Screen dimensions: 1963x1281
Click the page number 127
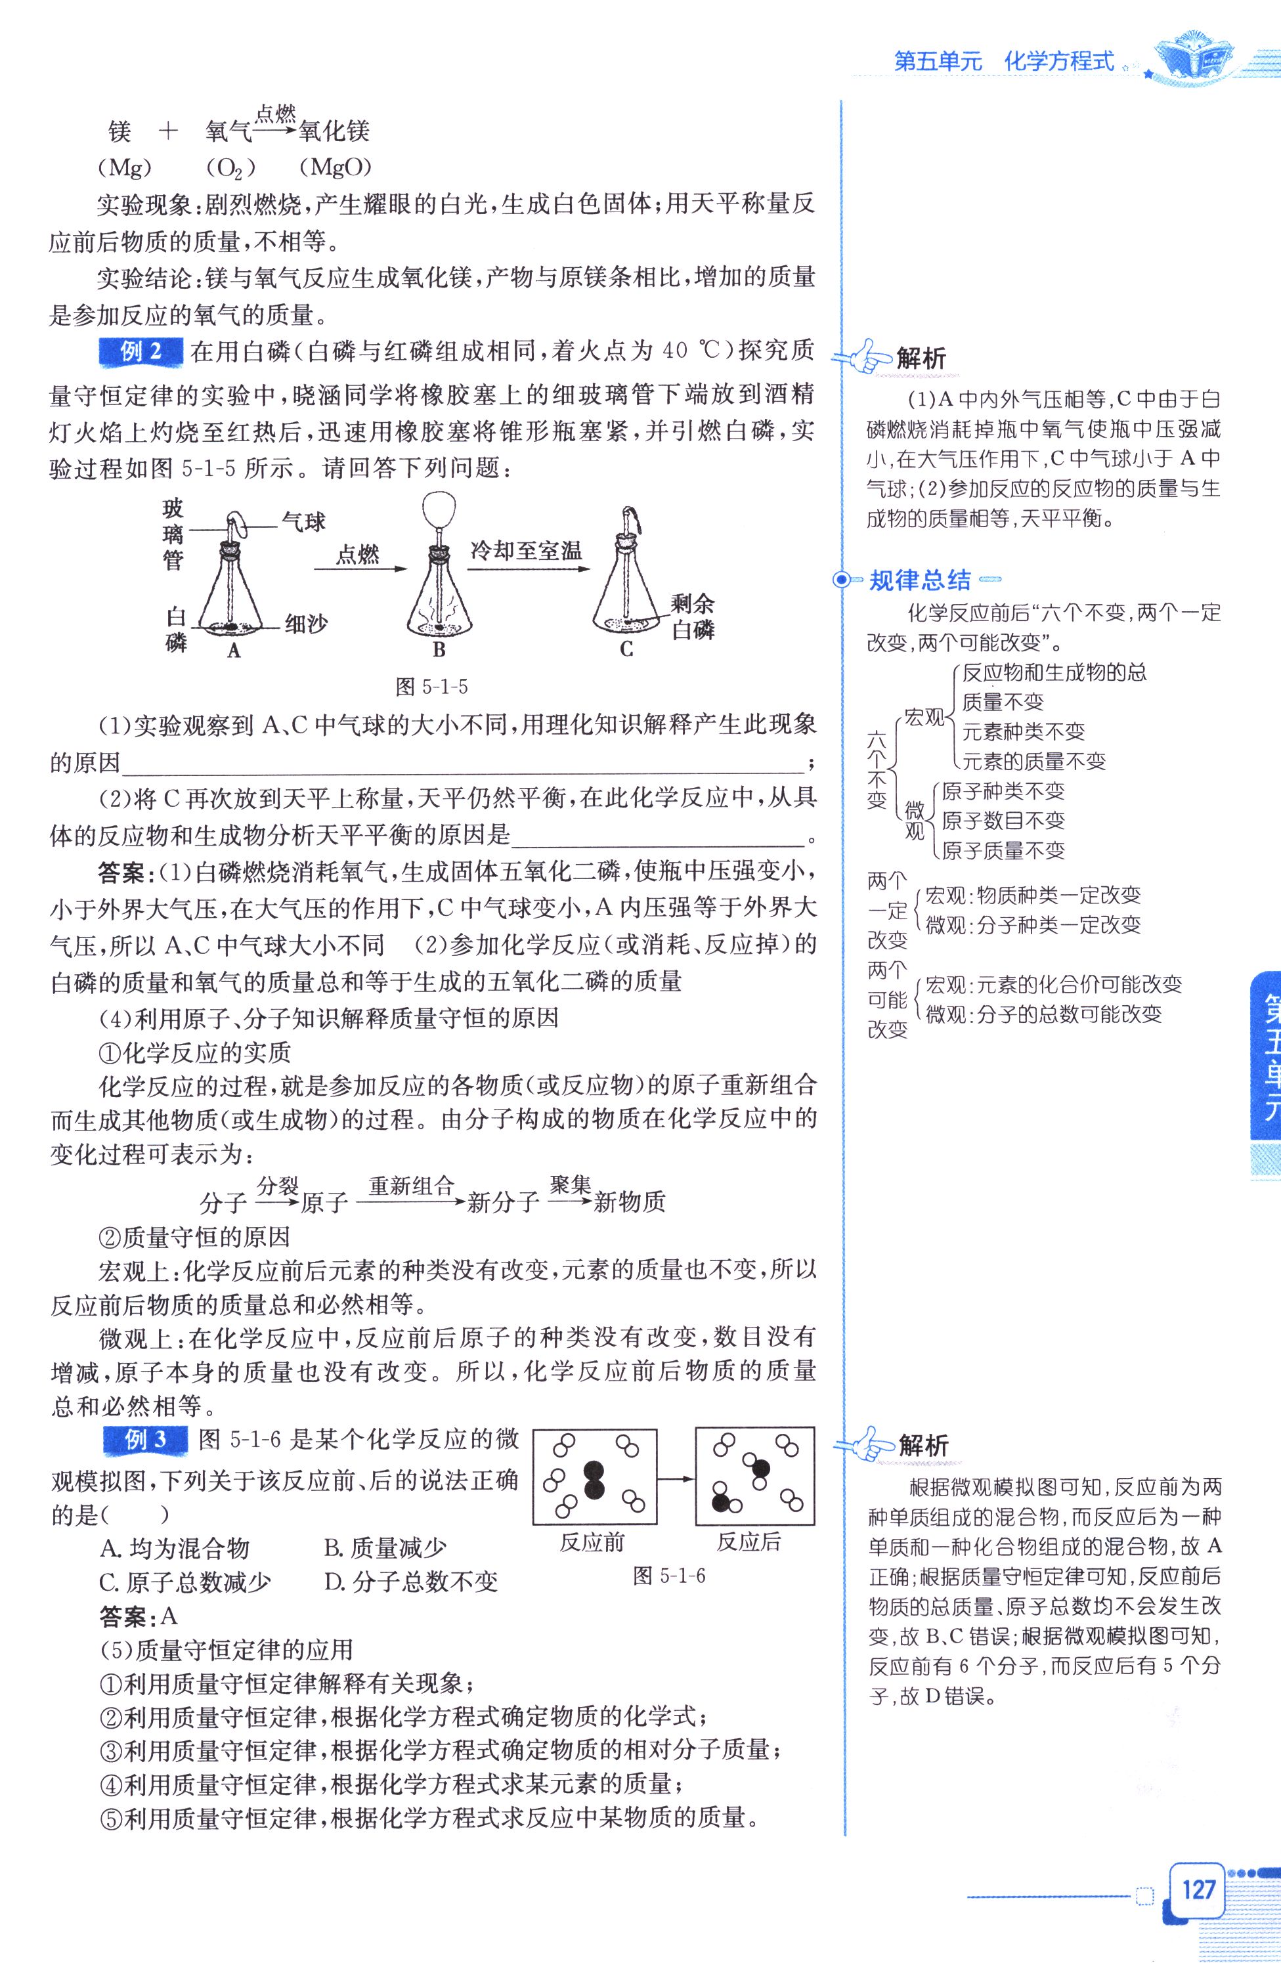coord(1198,1889)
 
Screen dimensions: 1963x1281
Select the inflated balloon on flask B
coord(437,511)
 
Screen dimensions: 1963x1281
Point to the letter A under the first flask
coord(234,651)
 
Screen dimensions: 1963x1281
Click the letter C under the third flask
coord(627,650)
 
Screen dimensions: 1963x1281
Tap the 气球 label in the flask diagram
coord(303,521)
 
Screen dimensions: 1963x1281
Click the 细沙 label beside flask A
coord(305,624)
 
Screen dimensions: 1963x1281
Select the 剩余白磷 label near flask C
coord(693,617)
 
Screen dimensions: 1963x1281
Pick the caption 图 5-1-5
coord(431,686)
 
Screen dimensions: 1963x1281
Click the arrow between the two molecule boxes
coord(676,1479)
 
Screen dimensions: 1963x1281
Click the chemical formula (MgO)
coord(335,167)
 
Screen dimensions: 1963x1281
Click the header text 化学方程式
coord(1059,61)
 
